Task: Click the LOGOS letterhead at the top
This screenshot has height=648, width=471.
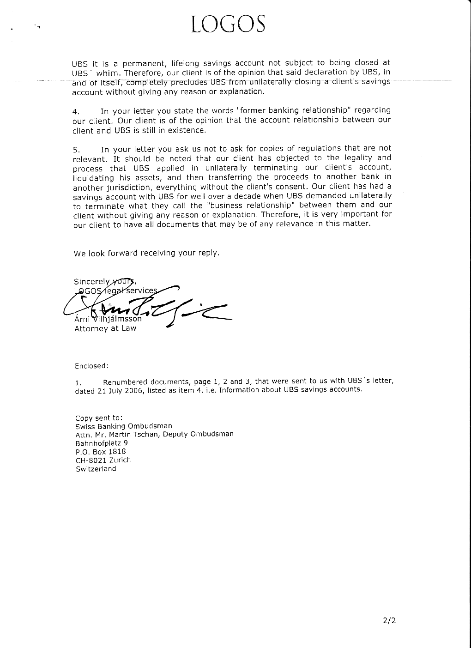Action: pos(229,24)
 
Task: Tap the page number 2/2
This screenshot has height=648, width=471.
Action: pos(389,620)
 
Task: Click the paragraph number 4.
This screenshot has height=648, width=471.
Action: pos(76,112)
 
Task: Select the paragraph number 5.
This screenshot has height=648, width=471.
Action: pos(77,150)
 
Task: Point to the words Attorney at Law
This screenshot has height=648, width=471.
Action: pos(105,329)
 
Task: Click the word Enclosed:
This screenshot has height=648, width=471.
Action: pos(91,366)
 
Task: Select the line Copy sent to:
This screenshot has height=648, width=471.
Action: pos(99,418)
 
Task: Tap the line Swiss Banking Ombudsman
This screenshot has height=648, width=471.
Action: pos(124,426)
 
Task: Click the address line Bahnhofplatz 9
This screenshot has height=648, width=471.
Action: pos(102,443)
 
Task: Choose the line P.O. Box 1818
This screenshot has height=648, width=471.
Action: pos(101,452)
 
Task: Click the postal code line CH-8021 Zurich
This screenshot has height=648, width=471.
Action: pos(103,460)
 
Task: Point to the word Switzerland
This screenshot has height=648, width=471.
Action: pos(96,469)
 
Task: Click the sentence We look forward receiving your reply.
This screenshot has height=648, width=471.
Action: pos(146,253)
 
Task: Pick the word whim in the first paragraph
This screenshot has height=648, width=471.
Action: pos(108,73)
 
